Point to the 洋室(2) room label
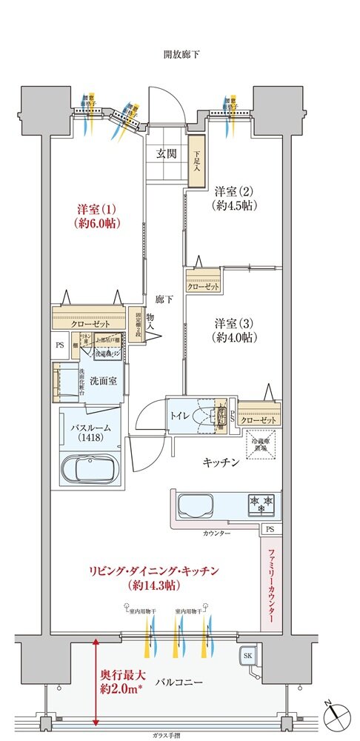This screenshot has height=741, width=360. point(234,196)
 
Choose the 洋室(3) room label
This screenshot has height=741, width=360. point(235,330)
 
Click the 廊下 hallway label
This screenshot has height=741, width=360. point(164,299)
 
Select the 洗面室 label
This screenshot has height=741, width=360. point(101,381)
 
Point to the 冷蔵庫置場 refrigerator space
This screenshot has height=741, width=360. point(263,448)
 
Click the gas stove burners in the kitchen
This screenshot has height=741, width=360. point(261,505)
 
